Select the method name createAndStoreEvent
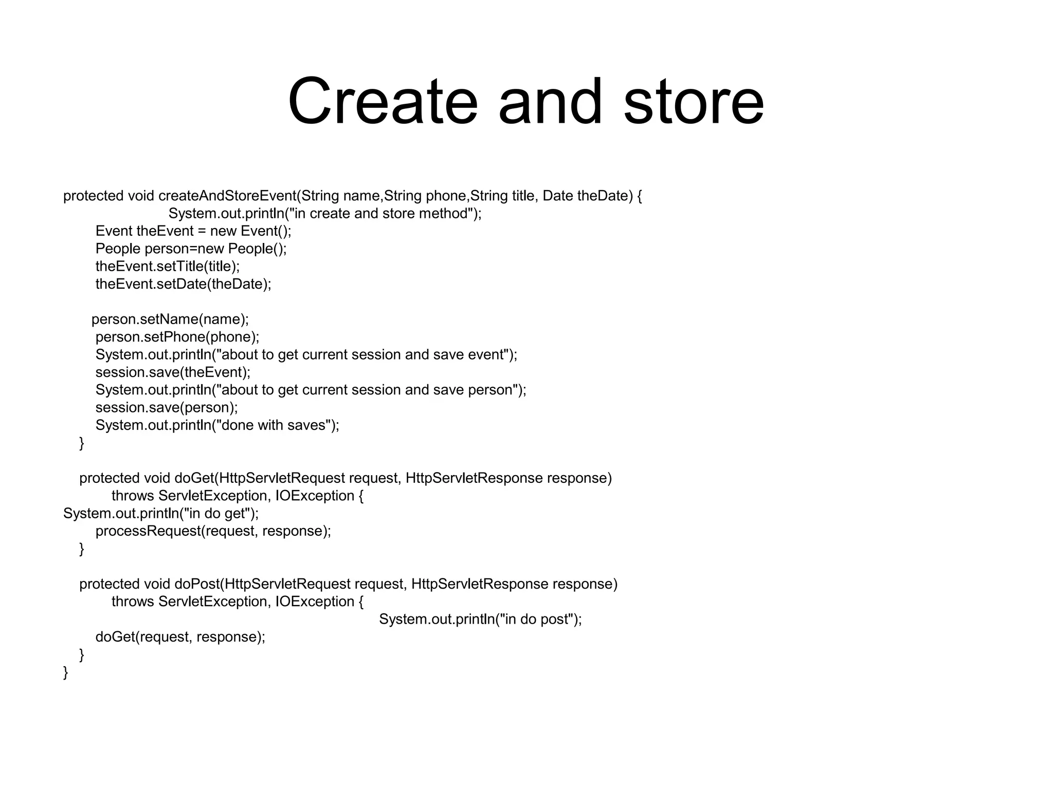coord(228,196)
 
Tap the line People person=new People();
coord(191,249)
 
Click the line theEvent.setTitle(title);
coord(168,266)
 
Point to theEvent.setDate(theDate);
coord(183,284)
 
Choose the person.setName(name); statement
coord(170,320)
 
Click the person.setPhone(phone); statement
coord(177,337)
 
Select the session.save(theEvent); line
coord(173,372)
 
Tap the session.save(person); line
coord(167,407)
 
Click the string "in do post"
coord(536,619)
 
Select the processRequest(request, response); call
coord(213,531)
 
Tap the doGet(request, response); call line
coord(180,637)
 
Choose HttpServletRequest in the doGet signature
coord(282,478)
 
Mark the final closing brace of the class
coord(65,672)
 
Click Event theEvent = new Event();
coord(193,231)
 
